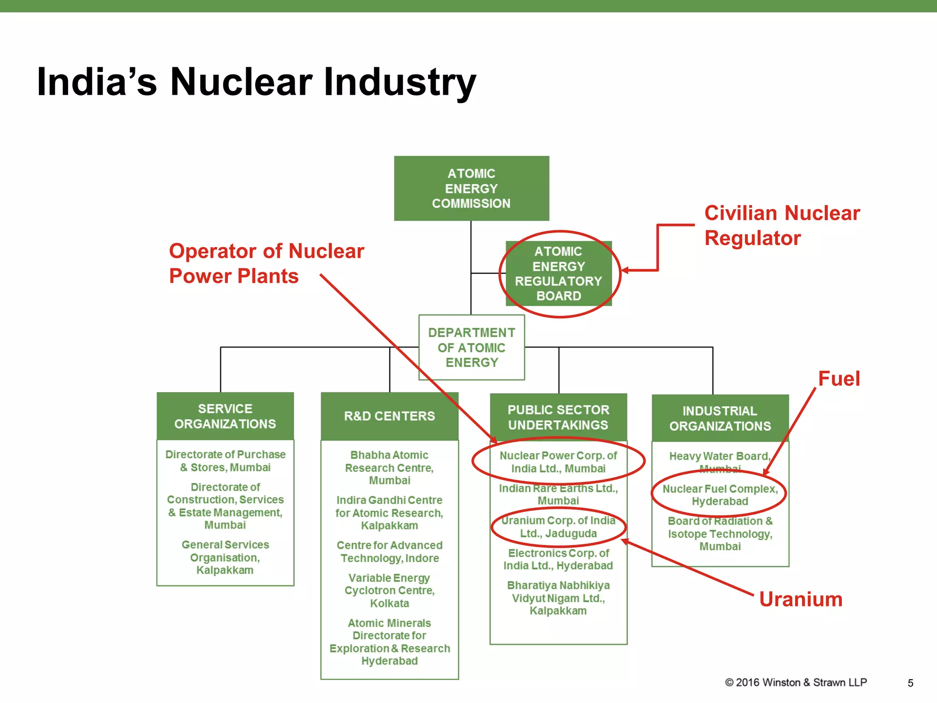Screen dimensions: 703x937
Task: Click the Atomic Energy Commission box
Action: [471, 188]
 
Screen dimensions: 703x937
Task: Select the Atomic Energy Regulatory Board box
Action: [558, 274]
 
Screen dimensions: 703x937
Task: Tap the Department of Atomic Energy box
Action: [471, 347]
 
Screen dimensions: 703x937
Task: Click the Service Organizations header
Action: [225, 416]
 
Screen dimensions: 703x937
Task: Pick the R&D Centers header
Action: [389, 416]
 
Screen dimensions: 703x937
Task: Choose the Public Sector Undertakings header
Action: [558, 417]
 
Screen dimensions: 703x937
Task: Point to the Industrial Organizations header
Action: [720, 418]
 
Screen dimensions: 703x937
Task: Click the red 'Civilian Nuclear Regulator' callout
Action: [781, 226]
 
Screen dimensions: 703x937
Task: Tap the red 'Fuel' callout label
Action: [839, 379]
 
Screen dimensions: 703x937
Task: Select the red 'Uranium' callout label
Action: [800, 599]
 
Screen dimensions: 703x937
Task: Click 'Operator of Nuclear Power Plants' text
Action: [266, 264]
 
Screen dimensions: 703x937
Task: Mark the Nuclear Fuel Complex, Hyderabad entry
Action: [720, 495]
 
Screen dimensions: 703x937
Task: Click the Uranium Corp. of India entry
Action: [558, 527]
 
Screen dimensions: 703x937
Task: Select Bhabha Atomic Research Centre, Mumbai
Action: [389, 468]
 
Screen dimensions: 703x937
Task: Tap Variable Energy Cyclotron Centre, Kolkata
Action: [389, 590]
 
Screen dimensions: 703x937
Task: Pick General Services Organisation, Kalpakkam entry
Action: [225, 557]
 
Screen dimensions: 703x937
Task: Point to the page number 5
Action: [910, 683]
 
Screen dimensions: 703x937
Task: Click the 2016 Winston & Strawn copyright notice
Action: [796, 682]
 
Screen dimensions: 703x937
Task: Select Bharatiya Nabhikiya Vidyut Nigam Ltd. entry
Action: [558, 598]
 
